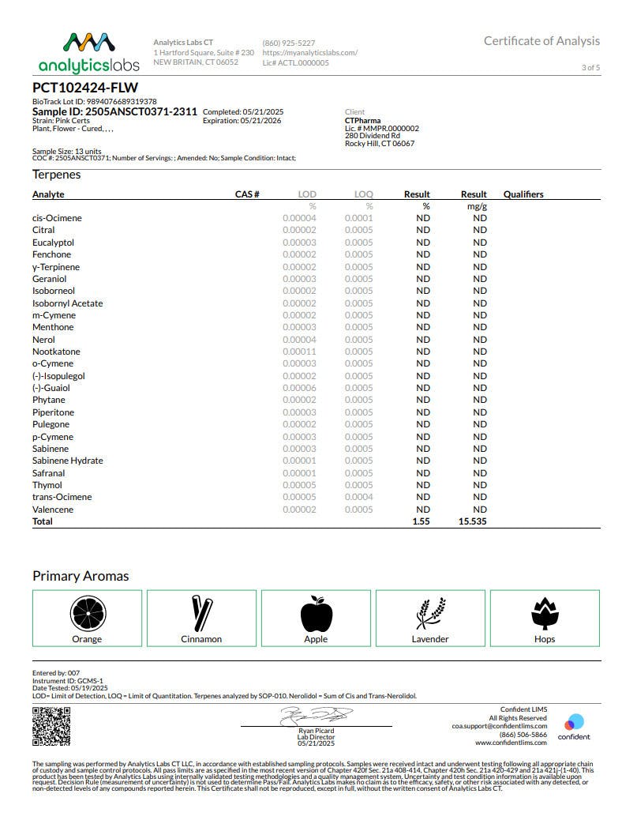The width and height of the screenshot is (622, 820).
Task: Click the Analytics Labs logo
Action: [88, 52]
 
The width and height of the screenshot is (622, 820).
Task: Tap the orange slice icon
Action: [87, 614]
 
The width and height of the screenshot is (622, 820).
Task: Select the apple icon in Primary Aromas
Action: [316, 614]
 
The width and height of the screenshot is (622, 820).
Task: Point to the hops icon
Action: [544, 614]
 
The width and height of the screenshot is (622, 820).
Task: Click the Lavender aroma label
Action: [430, 639]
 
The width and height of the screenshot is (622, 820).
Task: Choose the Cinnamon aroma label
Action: [201, 639]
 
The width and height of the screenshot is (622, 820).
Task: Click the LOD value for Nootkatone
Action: [299, 352]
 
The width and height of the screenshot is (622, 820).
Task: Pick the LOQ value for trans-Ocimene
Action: [359, 497]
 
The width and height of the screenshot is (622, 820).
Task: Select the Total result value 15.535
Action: [473, 522]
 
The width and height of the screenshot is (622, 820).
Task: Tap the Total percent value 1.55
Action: [421, 522]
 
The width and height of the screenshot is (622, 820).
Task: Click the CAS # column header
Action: [247, 194]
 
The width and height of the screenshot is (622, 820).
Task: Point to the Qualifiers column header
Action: [523, 194]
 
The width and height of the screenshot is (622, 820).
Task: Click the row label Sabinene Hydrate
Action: [68, 461]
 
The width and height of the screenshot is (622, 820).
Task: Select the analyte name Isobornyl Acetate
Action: [68, 303]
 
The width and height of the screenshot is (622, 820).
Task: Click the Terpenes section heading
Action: [57, 175]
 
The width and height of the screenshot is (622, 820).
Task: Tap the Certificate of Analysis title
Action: [541, 41]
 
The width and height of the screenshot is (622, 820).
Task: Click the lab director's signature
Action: [316, 716]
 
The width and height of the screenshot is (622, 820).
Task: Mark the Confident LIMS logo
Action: [574, 726]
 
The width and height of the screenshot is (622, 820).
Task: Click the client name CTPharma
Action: [363, 121]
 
